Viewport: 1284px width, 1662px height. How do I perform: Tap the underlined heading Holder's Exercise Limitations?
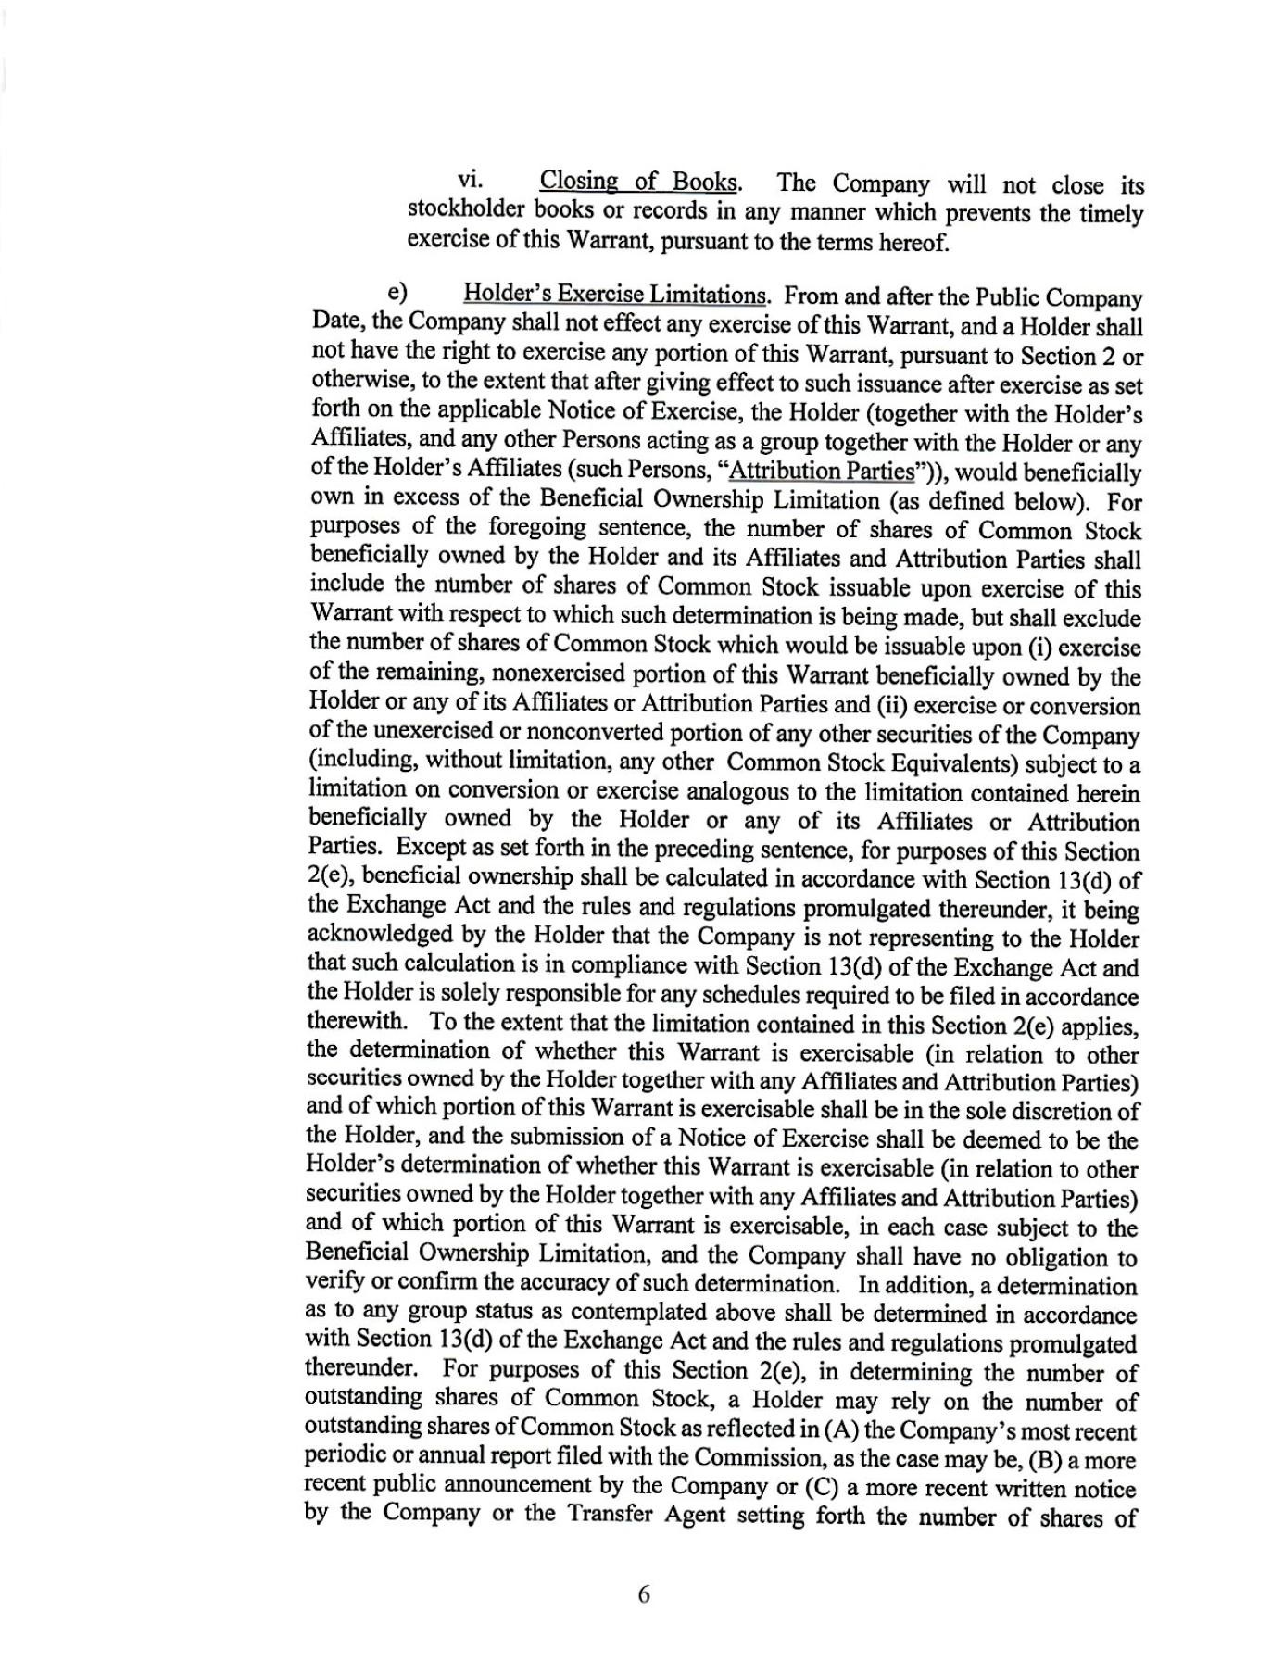coord(614,295)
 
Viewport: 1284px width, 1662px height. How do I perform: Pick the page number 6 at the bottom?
coord(644,1594)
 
